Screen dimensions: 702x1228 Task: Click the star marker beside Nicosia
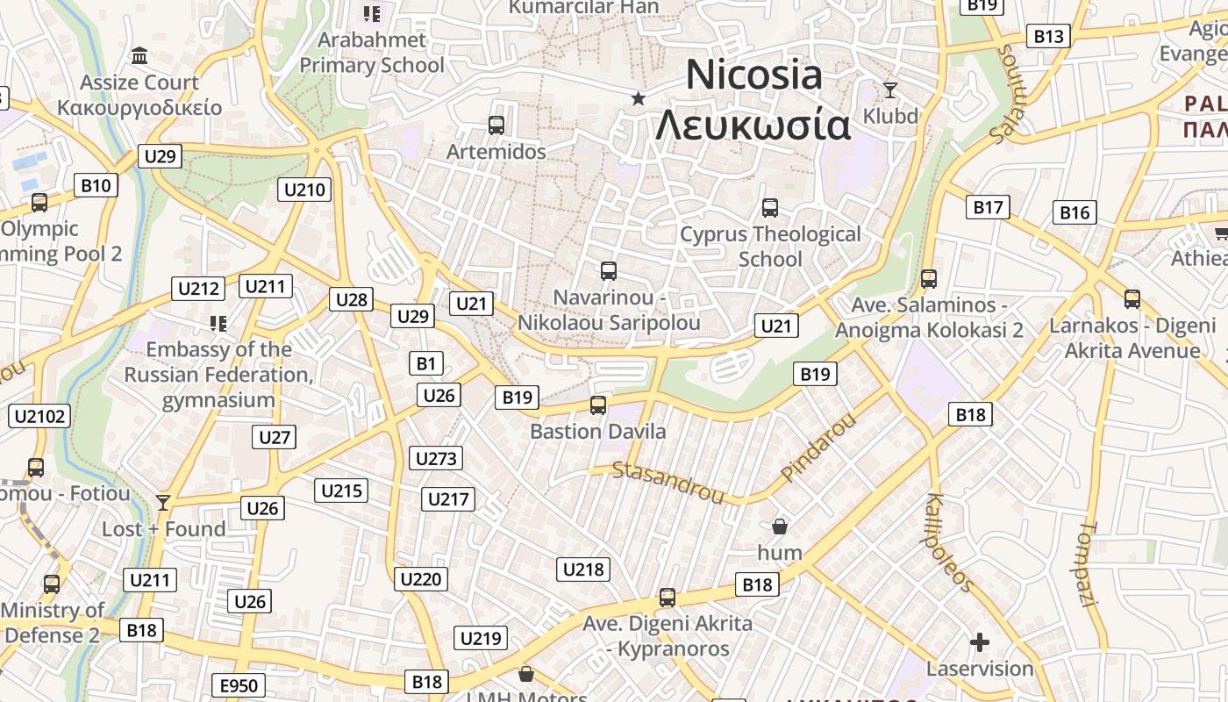click(x=639, y=98)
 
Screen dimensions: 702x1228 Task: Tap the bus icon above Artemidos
click(x=496, y=125)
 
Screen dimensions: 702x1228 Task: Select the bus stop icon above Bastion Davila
click(x=598, y=405)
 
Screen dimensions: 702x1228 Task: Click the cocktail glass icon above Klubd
click(x=890, y=90)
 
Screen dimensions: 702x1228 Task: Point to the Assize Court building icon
click(x=139, y=57)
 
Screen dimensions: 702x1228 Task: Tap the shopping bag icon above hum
click(x=779, y=526)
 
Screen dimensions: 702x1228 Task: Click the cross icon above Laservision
click(x=980, y=643)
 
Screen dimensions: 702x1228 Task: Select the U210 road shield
click(x=304, y=190)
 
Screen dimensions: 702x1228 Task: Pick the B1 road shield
click(x=426, y=363)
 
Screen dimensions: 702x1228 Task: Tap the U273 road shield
click(x=436, y=458)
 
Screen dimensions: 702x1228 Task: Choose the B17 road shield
click(x=988, y=207)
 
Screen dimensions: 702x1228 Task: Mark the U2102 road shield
click(x=39, y=416)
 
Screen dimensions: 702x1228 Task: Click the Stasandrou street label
click(x=668, y=483)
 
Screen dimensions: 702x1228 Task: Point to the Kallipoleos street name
click(x=949, y=542)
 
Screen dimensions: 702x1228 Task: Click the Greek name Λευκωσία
click(x=753, y=125)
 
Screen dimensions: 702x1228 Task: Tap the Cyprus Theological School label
click(x=771, y=247)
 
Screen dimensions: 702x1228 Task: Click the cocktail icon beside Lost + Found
click(x=162, y=502)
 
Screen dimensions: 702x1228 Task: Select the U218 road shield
click(x=583, y=569)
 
